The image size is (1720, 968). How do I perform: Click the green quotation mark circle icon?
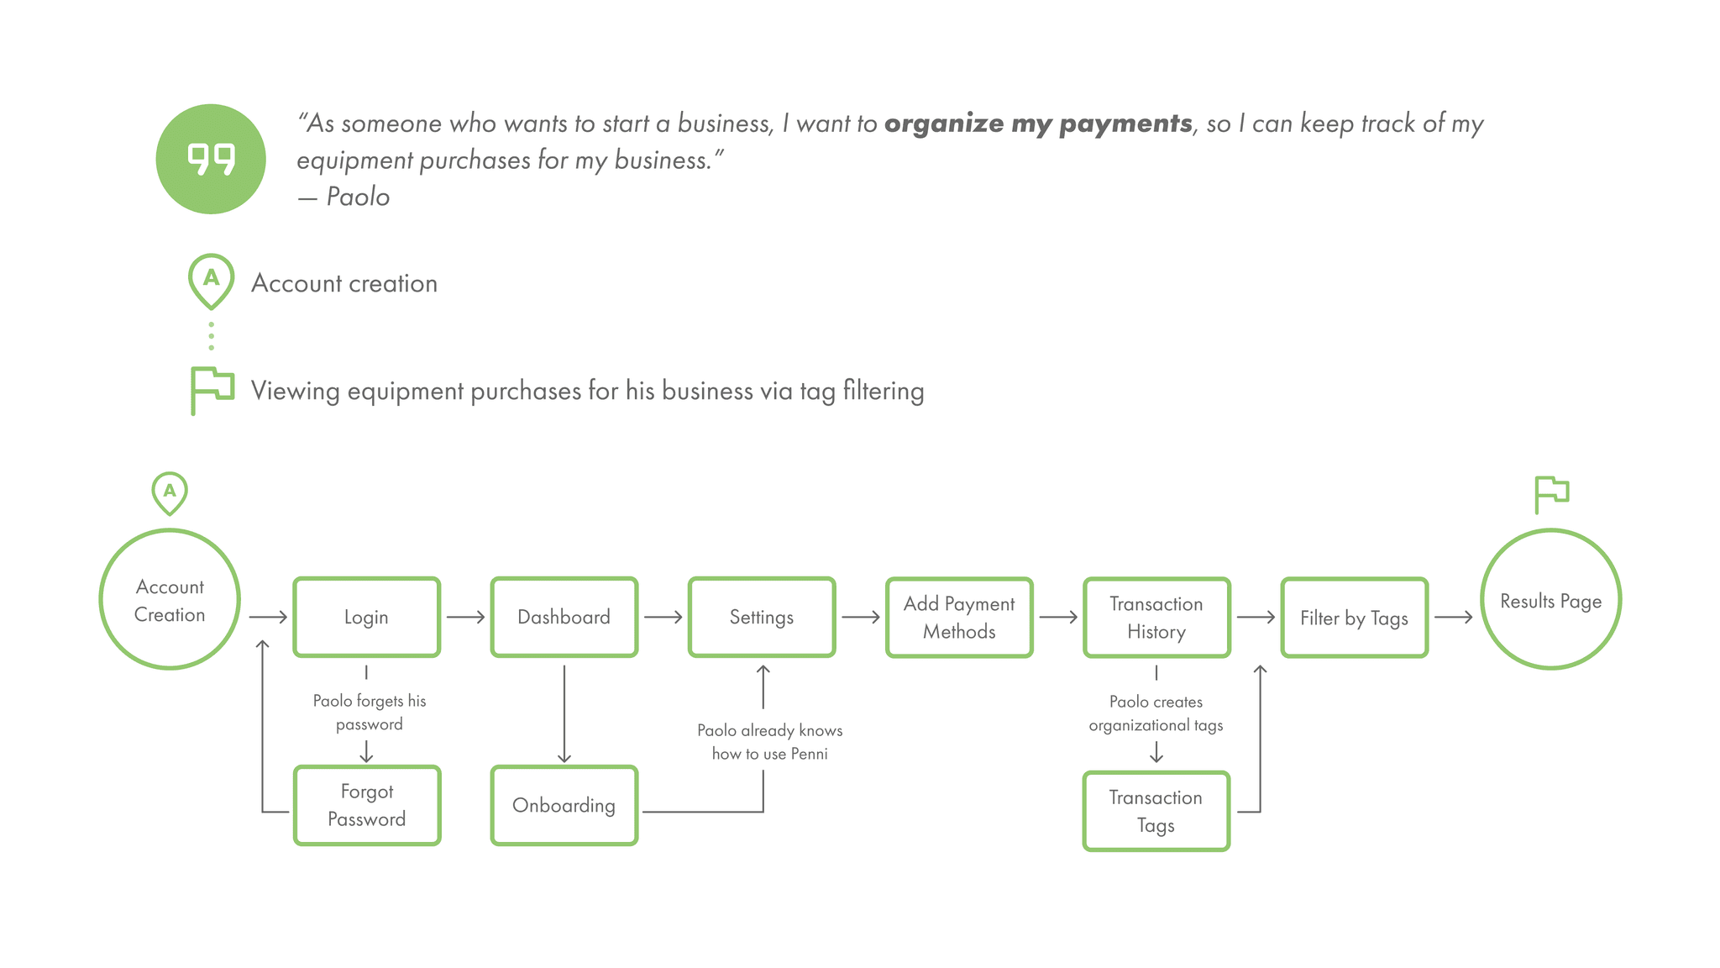coord(211,159)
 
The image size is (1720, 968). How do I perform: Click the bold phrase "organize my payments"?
coord(1038,124)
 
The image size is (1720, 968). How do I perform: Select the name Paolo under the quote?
coord(358,197)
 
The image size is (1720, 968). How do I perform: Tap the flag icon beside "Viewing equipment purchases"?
coord(211,390)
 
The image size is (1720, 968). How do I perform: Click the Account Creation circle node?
coord(170,600)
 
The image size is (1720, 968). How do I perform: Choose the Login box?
coord(366,618)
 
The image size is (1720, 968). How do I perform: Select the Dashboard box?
coord(564,618)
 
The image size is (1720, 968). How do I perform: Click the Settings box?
coord(761,618)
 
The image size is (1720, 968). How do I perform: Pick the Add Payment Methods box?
coord(959,618)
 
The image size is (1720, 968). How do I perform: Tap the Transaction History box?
coord(1156,618)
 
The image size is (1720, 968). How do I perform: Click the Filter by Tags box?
coord(1354,618)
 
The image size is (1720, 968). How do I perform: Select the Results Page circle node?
coord(1550,600)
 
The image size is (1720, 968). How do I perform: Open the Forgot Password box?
coord(366,805)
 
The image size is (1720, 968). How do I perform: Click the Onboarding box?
coord(564,805)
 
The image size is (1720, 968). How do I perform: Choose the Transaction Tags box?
coord(1156,811)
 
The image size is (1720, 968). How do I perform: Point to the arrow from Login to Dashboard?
coord(465,618)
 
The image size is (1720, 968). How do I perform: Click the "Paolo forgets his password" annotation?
coord(370,713)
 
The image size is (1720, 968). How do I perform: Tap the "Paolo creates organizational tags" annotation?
coord(1156,713)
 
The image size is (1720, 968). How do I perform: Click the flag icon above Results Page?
coord(1550,493)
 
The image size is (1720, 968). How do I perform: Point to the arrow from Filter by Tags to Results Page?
coord(1453,618)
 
